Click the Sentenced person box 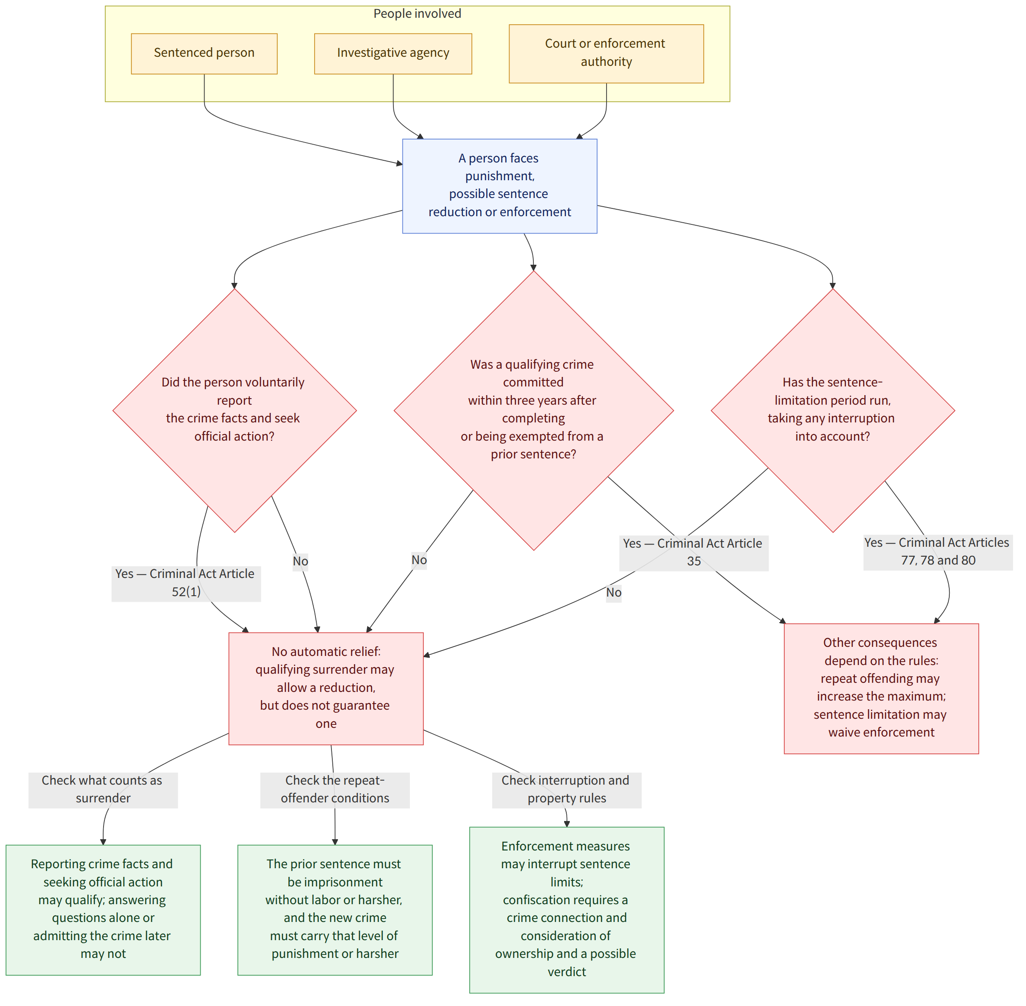pos(204,54)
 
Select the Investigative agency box pos(393,54)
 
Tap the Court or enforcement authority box pos(606,53)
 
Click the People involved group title pos(417,14)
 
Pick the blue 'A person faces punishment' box pos(500,186)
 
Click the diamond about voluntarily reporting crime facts pos(234,411)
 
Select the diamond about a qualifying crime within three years pos(534,411)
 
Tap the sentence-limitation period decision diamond pos(833,411)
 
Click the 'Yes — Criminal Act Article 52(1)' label pos(186,583)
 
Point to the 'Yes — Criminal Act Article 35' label pos(694,553)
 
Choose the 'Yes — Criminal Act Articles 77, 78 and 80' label pos(938,552)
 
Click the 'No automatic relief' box pos(326,688)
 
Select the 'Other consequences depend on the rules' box pos(881,688)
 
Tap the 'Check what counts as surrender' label pos(103,789)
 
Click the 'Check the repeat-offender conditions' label pos(335,789)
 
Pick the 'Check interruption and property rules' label pos(566,789)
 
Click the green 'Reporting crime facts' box pos(103,910)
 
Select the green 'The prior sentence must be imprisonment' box pos(335,910)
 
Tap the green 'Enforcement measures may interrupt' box pos(566,910)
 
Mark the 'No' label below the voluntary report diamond pos(301,561)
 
